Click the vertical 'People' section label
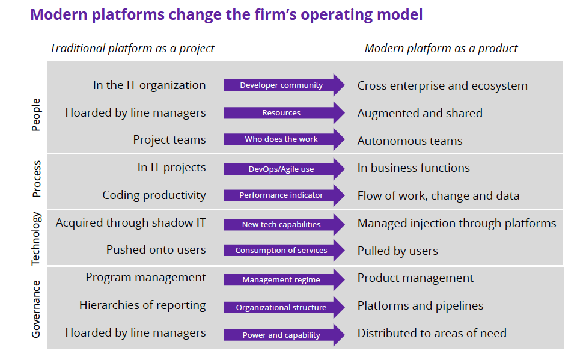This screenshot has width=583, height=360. click(36, 115)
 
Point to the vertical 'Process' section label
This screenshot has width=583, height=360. click(37, 179)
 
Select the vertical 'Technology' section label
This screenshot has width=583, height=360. click(35, 239)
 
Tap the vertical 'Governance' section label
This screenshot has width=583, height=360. click(36, 309)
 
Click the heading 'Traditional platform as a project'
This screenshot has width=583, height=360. click(132, 49)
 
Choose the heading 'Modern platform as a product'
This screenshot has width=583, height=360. click(441, 49)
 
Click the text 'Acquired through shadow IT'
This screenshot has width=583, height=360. click(130, 223)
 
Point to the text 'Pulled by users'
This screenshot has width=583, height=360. click(398, 251)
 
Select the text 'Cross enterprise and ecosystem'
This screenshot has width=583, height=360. click(442, 86)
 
